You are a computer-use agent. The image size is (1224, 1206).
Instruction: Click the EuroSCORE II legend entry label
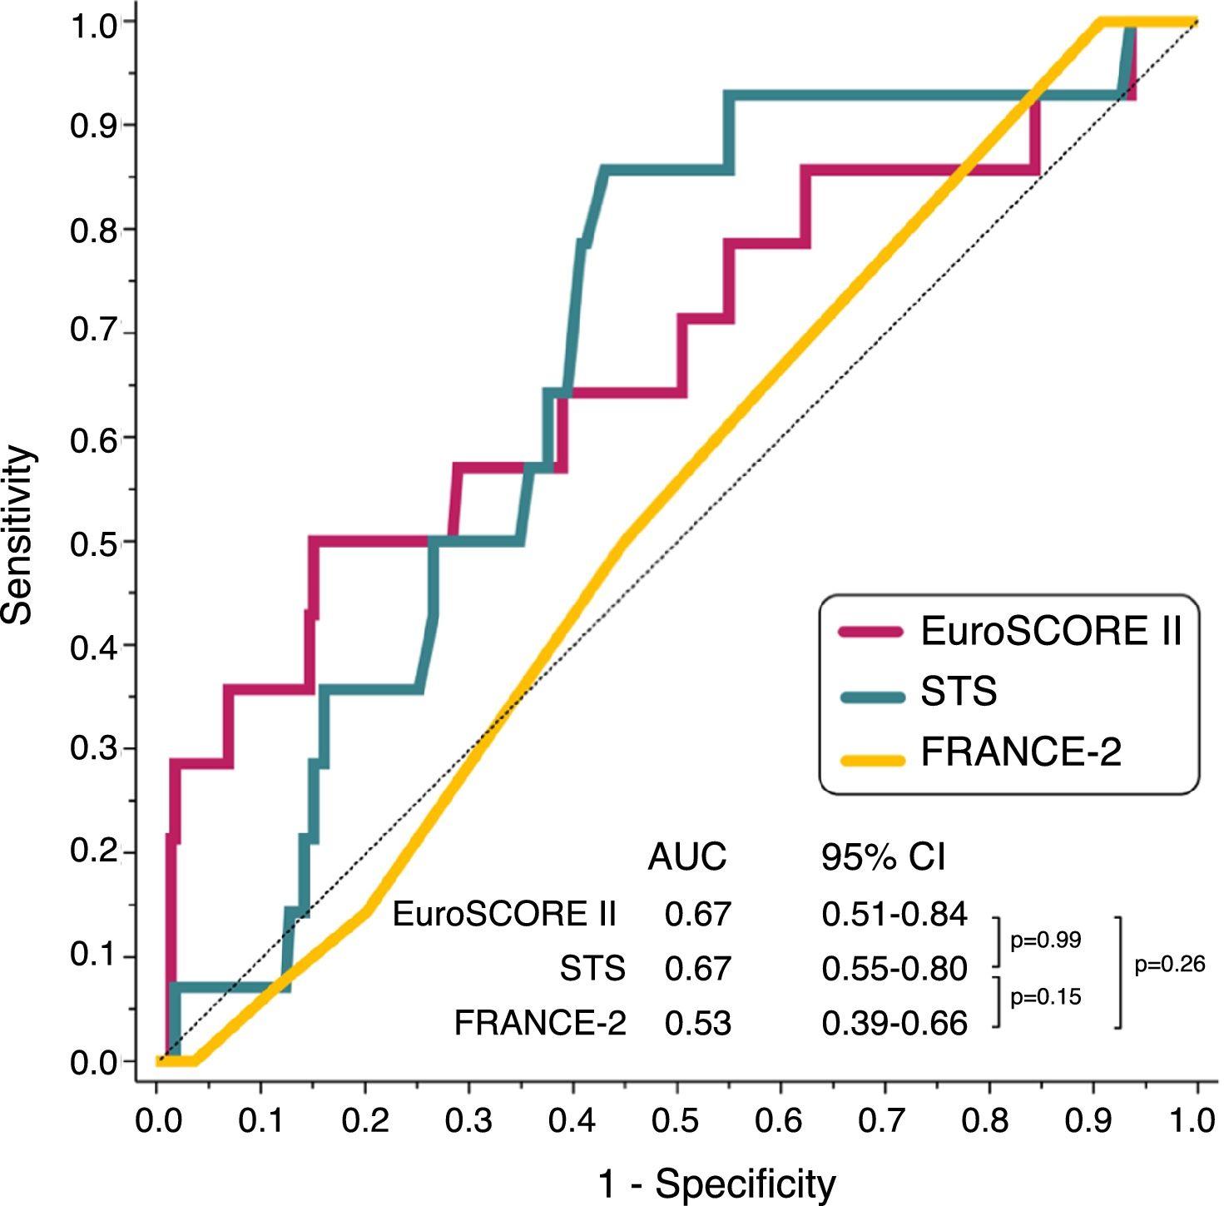pos(1050,632)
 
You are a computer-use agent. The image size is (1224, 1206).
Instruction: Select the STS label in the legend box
pos(959,692)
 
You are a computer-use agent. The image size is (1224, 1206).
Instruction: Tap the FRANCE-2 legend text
pos(1021,752)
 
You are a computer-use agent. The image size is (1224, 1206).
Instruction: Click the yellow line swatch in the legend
pos(871,759)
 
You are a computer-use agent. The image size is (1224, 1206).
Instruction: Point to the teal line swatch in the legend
pos(871,697)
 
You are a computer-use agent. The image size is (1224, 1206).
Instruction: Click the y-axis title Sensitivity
pos(18,536)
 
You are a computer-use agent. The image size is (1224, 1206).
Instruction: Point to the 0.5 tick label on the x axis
pos(676,1121)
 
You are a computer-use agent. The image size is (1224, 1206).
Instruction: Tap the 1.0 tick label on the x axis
pos(1196,1121)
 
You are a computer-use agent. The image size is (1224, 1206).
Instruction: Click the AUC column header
pos(686,856)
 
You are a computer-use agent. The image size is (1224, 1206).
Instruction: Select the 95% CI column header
pos(883,856)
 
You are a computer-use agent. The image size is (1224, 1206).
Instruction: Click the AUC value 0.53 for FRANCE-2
pos(697,1023)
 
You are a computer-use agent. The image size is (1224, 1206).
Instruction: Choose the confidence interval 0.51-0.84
pos(894,915)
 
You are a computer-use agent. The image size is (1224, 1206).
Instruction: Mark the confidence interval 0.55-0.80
pos(894,969)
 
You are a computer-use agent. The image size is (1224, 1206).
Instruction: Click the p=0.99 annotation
pos(1045,940)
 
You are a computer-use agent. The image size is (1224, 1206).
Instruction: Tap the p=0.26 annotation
pos(1169,965)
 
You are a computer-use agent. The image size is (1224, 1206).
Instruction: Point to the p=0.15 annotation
pos(1045,996)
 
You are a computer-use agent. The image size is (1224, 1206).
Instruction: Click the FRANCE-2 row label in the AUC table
pos(540,1023)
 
